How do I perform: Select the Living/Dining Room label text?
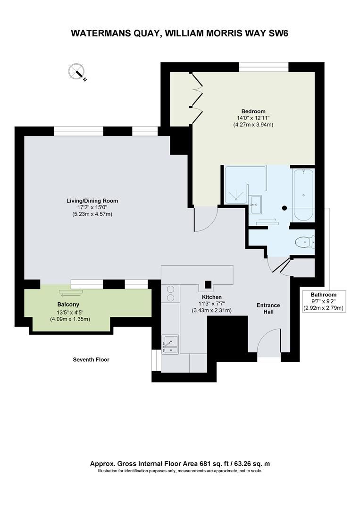tap(92, 201)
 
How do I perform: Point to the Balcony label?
tap(68, 305)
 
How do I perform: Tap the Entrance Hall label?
tap(268, 308)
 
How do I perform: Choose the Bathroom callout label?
tap(323, 295)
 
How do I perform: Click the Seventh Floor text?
tap(91, 359)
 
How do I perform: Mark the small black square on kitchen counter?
tap(208, 285)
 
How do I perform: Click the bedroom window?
tap(263, 67)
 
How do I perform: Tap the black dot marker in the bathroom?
tap(285, 207)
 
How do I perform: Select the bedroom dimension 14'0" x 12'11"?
tap(253, 118)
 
